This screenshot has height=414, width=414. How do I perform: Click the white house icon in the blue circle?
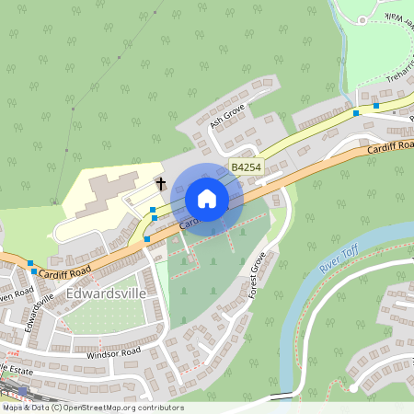tap(207, 198)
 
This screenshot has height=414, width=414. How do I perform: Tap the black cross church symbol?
tap(161, 184)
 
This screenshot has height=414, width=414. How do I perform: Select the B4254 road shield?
tap(245, 167)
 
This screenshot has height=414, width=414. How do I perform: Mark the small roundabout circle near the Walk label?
tap(363, 19)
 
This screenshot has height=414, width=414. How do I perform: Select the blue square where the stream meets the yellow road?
tap(356, 113)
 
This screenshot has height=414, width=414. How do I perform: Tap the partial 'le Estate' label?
tap(17, 366)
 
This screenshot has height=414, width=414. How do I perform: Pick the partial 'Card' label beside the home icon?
tap(189, 222)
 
